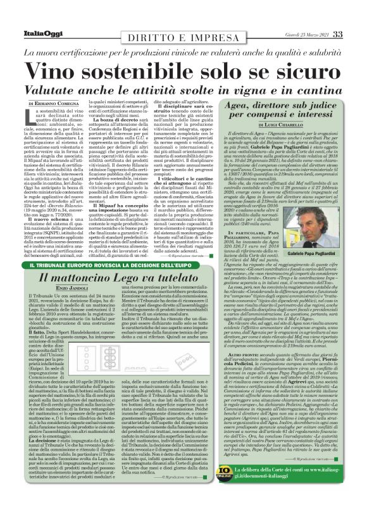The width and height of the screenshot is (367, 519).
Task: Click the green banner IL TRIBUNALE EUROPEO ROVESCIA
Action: (111, 265)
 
